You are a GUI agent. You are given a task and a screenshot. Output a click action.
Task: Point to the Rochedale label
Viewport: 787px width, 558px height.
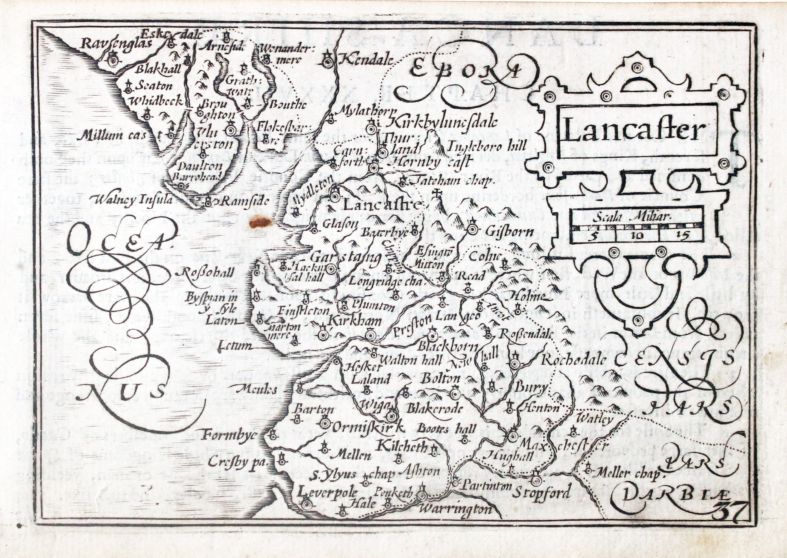(573, 360)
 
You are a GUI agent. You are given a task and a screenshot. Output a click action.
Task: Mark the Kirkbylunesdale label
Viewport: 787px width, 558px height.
(444, 122)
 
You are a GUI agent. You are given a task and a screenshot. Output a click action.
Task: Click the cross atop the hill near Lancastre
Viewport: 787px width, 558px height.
(438, 193)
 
